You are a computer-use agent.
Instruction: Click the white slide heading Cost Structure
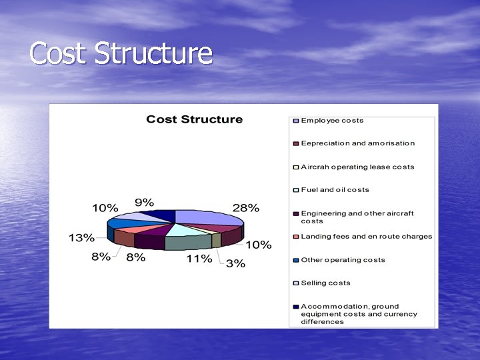point(121,54)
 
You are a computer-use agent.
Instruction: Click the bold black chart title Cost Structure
point(194,119)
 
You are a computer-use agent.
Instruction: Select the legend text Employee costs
point(332,121)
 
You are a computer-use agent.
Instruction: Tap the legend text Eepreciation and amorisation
point(357,143)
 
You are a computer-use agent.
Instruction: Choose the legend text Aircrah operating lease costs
point(357,167)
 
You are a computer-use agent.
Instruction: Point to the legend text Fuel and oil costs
point(335,190)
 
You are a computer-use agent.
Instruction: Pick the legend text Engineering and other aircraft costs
point(357,217)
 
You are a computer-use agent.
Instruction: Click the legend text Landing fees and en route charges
point(366,237)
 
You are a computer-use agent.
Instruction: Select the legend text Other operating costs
point(343,260)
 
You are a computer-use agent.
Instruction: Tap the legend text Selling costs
point(325,283)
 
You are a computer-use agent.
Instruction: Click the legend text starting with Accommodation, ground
point(359,314)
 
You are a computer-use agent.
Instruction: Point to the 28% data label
point(245,207)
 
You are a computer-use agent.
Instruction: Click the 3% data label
point(235,263)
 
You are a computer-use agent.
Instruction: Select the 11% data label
point(199,258)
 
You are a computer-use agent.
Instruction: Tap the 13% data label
point(81,238)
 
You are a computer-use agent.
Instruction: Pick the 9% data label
point(144,203)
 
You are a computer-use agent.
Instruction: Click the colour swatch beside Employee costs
point(295,121)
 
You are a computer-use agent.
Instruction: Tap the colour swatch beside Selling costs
point(295,283)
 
